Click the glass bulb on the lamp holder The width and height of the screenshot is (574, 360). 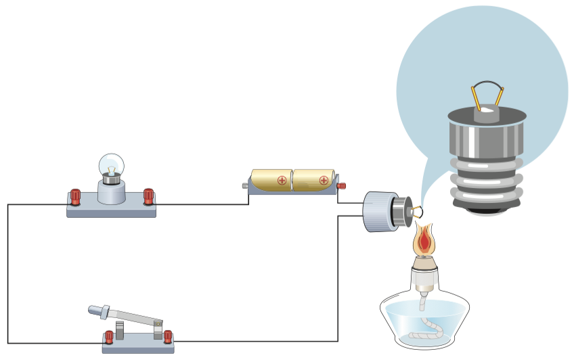coord(112,164)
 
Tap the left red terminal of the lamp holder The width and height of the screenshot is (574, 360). coord(75,197)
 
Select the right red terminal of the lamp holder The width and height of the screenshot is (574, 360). coord(148,197)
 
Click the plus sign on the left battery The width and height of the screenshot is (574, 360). coord(282,180)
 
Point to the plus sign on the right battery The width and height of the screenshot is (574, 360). coord(324,180)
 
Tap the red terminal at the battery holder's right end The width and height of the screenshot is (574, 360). coord(341,185)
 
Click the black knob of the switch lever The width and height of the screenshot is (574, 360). coord(97,311)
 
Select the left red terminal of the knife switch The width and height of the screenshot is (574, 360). coord(108,336)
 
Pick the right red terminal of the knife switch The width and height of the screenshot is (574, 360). coord(168,336)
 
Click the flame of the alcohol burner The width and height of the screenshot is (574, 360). coord(424,240)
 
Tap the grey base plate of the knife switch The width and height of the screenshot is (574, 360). coord(137,346)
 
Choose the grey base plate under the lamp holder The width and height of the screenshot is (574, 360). coord(111,210)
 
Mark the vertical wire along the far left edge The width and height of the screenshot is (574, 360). coord(8,271)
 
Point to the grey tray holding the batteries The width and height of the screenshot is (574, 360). coord(292,190)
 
